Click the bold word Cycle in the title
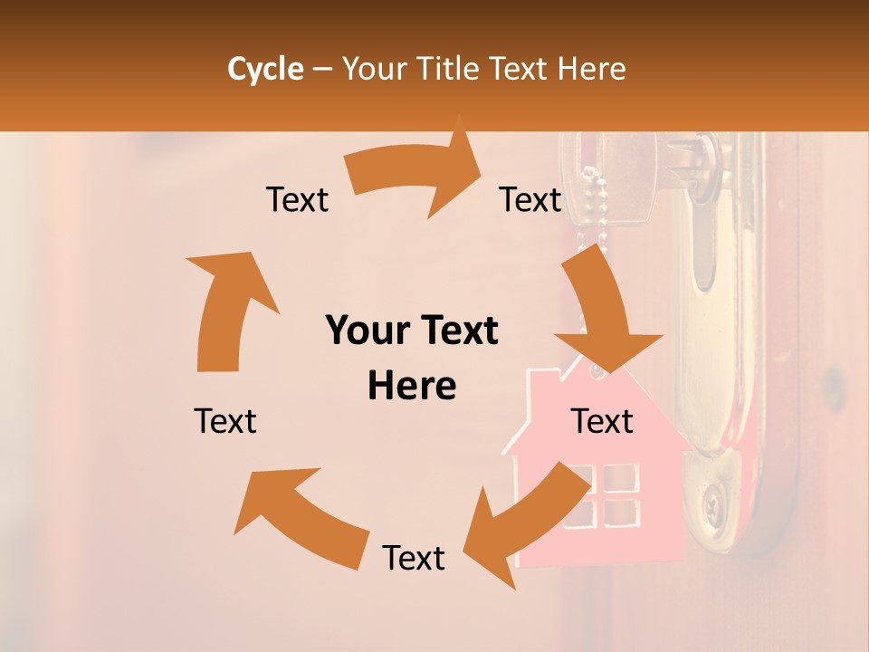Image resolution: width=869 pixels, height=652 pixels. tap(265, 69)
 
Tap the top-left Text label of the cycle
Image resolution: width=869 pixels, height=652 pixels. tap(297, 200)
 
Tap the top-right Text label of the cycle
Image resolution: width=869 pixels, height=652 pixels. tap(530, 200)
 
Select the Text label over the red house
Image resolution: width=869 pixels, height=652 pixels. tap(602, 421)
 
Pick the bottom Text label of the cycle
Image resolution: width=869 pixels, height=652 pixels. tap(414, 558)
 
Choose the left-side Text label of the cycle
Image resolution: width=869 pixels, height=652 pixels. tap(225, 421)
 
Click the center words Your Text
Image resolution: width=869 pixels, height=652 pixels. tap(412, 331)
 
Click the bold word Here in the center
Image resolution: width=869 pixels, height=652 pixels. tap(412, 387)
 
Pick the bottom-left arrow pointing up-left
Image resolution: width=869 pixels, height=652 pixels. tap(299, 516)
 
